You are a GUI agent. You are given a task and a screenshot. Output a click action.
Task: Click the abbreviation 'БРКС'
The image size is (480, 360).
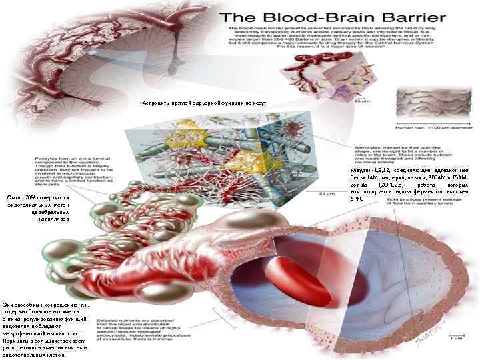(359, 207)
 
